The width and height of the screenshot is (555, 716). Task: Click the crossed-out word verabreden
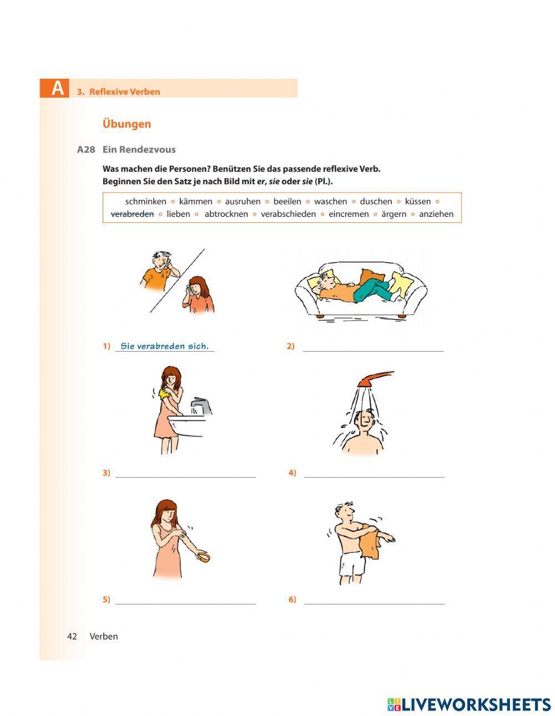[x=132, y=214]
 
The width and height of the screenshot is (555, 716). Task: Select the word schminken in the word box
[x=145, y=201]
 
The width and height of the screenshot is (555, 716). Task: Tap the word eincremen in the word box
[x=349, y=214]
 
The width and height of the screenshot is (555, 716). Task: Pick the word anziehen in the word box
[x=436, y=214]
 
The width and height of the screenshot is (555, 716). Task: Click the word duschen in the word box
[x=376, y=201]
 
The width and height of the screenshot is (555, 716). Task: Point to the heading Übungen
[x=127, y=124]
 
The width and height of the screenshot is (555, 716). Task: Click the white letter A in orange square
[x=57, y=89]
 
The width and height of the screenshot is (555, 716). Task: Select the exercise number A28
[x=87, y=149]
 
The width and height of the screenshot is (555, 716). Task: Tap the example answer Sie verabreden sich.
[x=164, y=346]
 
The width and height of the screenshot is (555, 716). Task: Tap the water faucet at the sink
[x=201, y=407]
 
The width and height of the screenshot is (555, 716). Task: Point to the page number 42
[x=72, y=636]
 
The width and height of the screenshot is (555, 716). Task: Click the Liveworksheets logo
[x=468, y=704]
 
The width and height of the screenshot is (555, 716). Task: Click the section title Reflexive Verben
[x=124, y=92]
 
